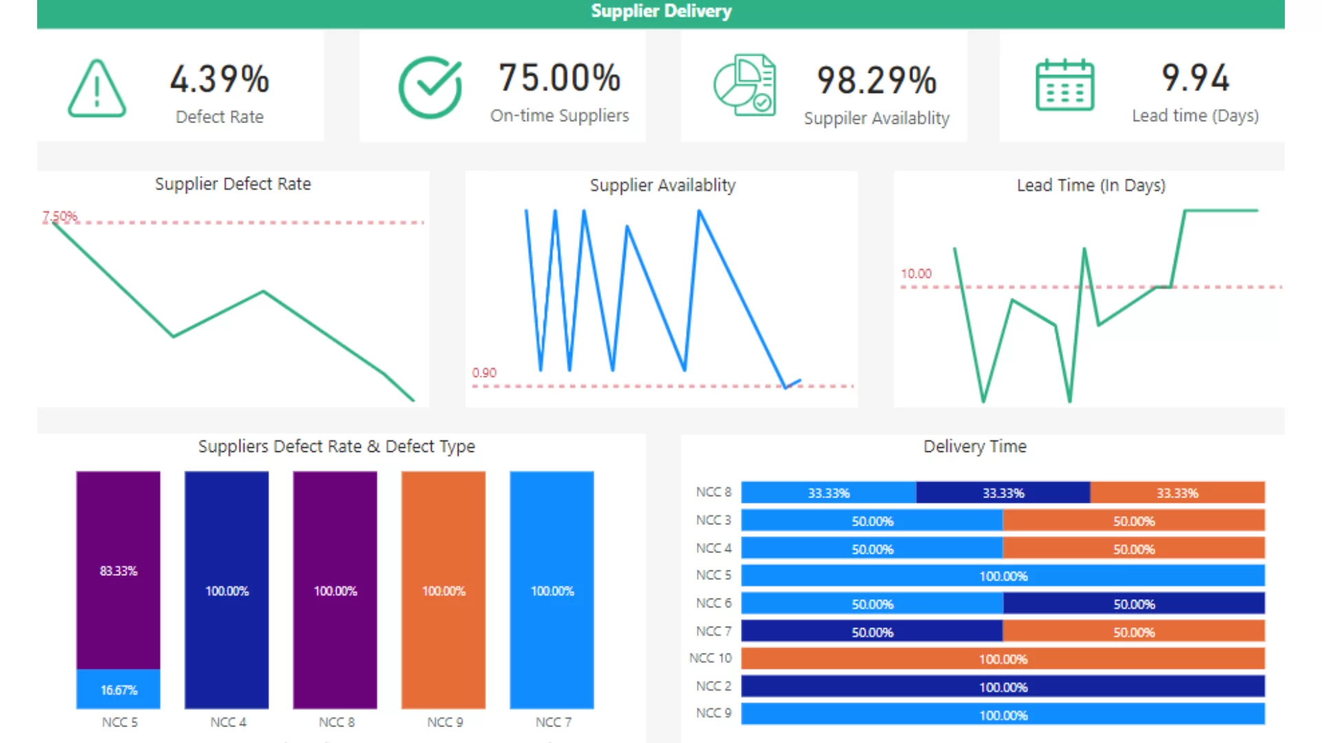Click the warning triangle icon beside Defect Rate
pos(96,89)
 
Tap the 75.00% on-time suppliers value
pos(559,78)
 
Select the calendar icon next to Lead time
pos(1064,85)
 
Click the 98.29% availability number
pos(876,80)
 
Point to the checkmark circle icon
pos(430,87)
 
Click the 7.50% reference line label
pos(60,217)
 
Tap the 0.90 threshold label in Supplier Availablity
pos(484,373)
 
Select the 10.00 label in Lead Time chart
pos(916,274)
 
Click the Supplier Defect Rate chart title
pos(233,184)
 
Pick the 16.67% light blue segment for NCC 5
pos(118,689)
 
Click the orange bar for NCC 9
pos(443,590)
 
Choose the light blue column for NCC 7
pos(552,590)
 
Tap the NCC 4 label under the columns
pos(228,722)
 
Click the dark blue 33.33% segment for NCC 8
pos(1003,493)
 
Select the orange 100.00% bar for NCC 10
pos(1003,659)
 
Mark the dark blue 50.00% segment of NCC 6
pos(1133,604)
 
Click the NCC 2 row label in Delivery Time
pos(713,687)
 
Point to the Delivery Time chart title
pos(974,446)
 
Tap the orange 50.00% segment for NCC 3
pos(1133,521)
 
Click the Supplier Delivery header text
pos(661,12)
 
